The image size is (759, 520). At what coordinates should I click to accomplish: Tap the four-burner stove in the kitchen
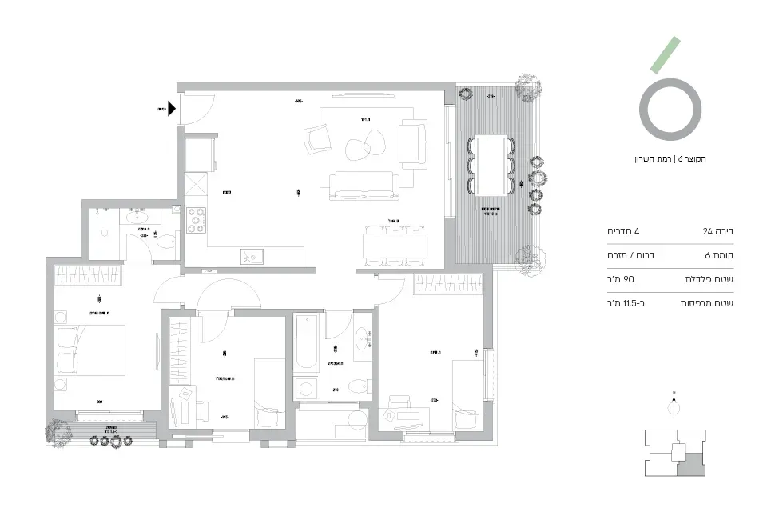point(197,220)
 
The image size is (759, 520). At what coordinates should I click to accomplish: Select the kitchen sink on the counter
point(253,257)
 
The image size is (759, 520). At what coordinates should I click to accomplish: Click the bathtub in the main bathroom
point(305,342)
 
